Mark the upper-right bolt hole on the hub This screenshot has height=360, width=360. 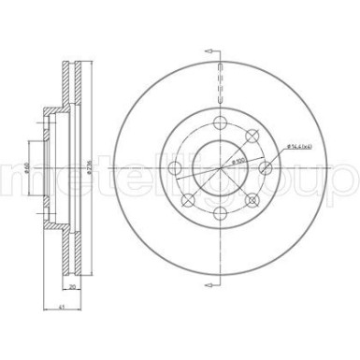click(x=252, y=137)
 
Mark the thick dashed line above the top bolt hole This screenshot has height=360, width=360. click(x=220, y=79)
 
